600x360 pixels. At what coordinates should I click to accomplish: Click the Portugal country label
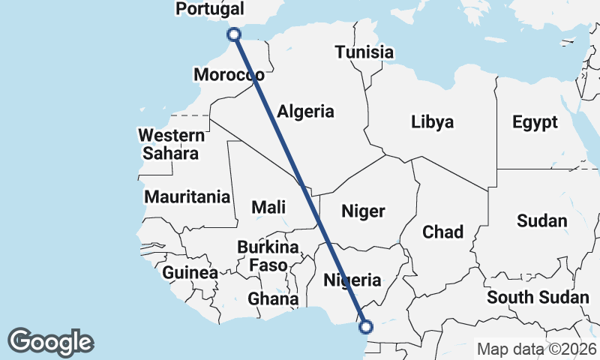pyautogui.click(x=209, y=9)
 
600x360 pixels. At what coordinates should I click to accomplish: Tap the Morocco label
pyautogui.click(x=228, y=75)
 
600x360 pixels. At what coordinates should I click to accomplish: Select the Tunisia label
pyautogui.click(x=364, y=52)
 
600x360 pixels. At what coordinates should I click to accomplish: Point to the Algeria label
pyautogui.click(x=305, y=112)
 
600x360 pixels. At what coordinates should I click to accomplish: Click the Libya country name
pyautogui.click(x=432, y=121)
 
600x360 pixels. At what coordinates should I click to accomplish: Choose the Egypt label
pyautogui.click(x=535, y=122)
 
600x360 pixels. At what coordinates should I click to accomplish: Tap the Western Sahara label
pyautogui.click(x=172, y=145)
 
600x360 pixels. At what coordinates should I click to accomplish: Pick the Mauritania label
pyautogui.click(x=187, y=197)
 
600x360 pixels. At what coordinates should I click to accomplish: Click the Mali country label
pyautogui.click(x=268, y=207)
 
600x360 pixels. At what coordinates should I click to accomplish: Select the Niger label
pyautogui.click(x=363, y=211)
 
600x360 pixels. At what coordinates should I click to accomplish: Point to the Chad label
pyautogui.click(x=443, y=232)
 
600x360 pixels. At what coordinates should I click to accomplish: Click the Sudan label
pyautogui.click(x=542, y=220)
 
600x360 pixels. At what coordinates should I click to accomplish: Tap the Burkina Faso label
pyautogui.click(x=268, y=256)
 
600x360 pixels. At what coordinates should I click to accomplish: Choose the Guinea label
pyautogui.click(x=190, y=272)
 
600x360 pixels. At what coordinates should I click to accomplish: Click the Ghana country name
pyautogui.click(x=274, y=298)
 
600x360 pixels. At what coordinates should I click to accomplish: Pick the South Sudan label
pyautogui.click(x=538, y=298)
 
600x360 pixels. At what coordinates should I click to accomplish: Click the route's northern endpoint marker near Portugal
pyautogui.click(x=234, y=34)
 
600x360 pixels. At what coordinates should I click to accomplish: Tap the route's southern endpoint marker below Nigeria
pyautogui.click(x=366, y=326)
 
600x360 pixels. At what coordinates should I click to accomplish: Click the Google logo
pyautogui.click(x=51, y=342)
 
